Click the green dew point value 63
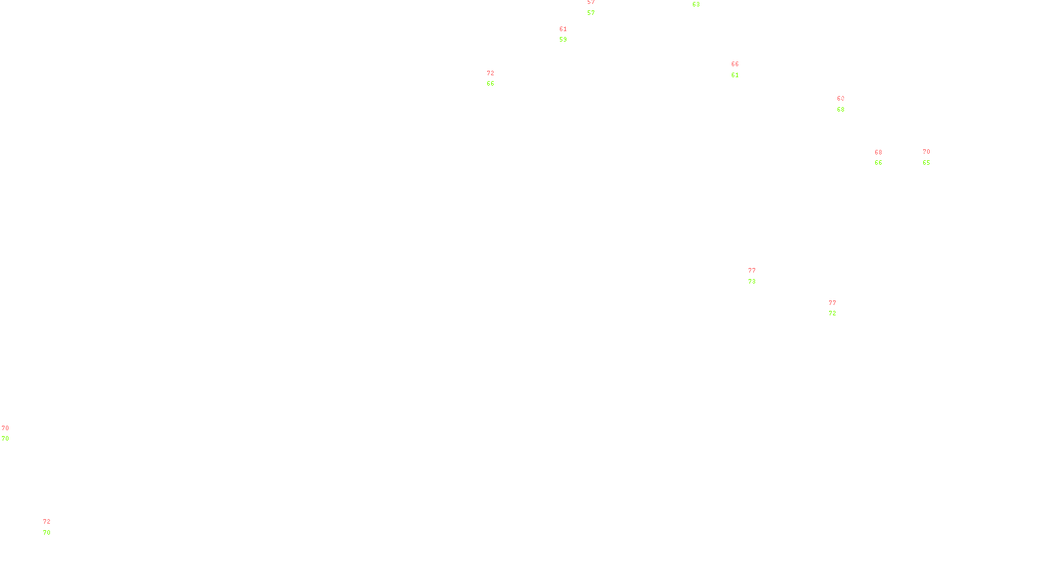click(696, 5)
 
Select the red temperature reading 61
click(563, 29)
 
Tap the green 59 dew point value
click(563, 40)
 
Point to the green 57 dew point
click(591, 13)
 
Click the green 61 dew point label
click(735, 75)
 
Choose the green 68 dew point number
click(841, 110)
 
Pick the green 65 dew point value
click(926, 163)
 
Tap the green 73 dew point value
click(752, 282)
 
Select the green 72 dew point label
click(832, 313)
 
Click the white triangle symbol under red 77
click(752, 277)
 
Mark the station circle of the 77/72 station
click(838, 308)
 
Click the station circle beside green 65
click(932, 157)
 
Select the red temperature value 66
click(735, 64)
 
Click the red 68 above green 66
click(878, 152)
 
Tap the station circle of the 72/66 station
click(497, 79)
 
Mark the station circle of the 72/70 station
click(53, 527)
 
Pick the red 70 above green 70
click(5, 428)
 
